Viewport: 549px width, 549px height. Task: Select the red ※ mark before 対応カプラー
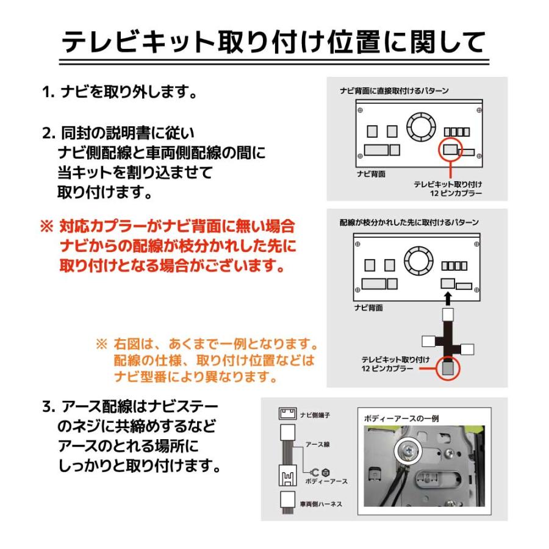pyautogui.click(x=47, y=227)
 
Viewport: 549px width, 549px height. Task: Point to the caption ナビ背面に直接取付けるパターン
pyautogui.click(x=394, y=91)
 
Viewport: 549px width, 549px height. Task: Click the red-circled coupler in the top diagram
pyautogui.click(x=450, y=148)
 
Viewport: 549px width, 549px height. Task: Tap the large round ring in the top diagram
pyautogui.click(x=420, y=125)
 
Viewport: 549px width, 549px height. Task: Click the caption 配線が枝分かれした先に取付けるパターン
pyautogui.click(x=409, y=223)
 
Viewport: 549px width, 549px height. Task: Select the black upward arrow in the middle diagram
pyautogui.click(x=448, y=298)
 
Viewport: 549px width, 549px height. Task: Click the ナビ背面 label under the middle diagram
pyautogui.click(x=369, y=308)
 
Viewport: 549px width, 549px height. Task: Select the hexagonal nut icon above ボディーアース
pyautogui.click(x=325, y=472)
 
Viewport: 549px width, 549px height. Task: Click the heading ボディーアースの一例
pyautogui.click(x=401, y=418)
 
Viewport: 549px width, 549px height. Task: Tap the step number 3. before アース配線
pyautogui.click(x=49, y=406)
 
